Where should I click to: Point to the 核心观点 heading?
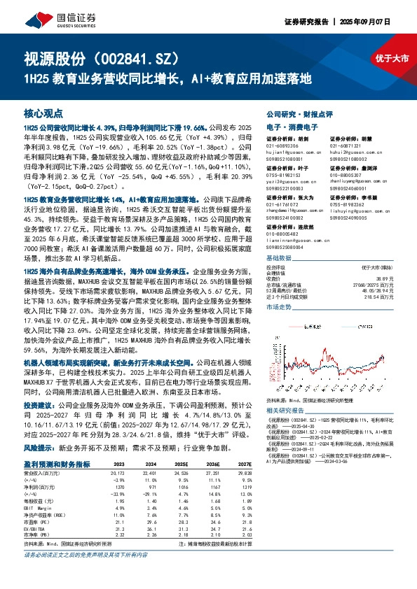43,113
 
